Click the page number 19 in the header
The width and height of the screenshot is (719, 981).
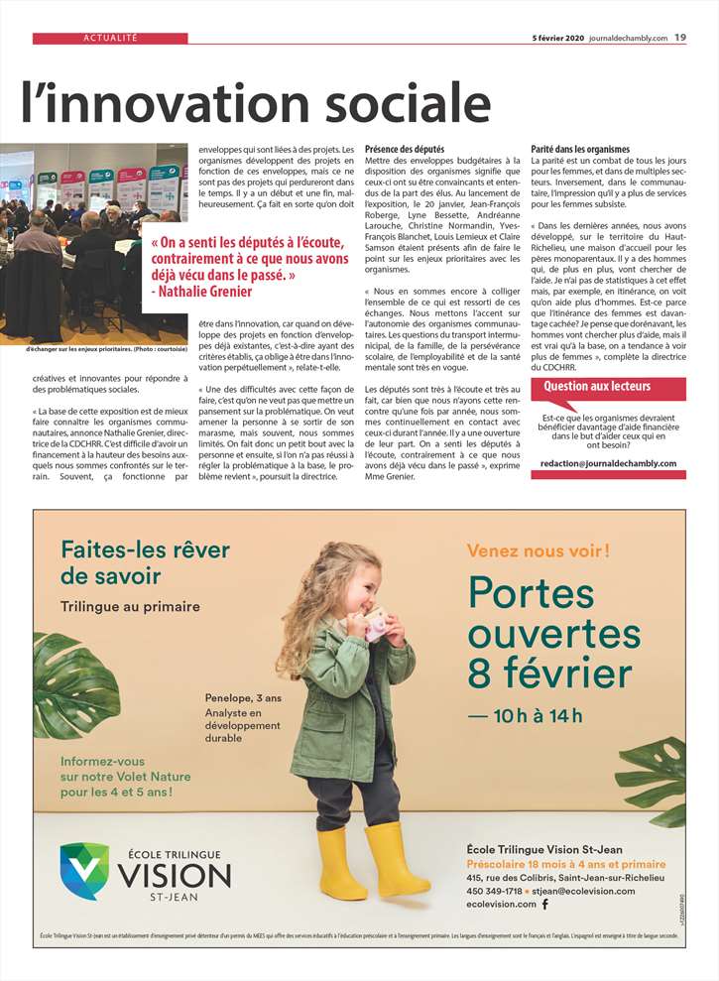(x=680, y=38)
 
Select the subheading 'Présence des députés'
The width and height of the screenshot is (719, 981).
(x=405, y=149)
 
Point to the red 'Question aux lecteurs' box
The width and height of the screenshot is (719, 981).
(x=597, y=386)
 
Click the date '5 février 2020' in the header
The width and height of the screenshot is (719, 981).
(x=558, y=38)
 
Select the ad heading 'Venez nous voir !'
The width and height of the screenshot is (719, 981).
(x=539, y=550)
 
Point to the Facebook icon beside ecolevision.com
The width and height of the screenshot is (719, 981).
(x=543, y=905)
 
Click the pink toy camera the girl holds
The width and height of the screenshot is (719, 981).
(x=377, y=626)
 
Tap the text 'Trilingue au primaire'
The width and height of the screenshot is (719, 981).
(x=130, y=606)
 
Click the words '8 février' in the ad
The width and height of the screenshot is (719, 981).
(x=550, y=673)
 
